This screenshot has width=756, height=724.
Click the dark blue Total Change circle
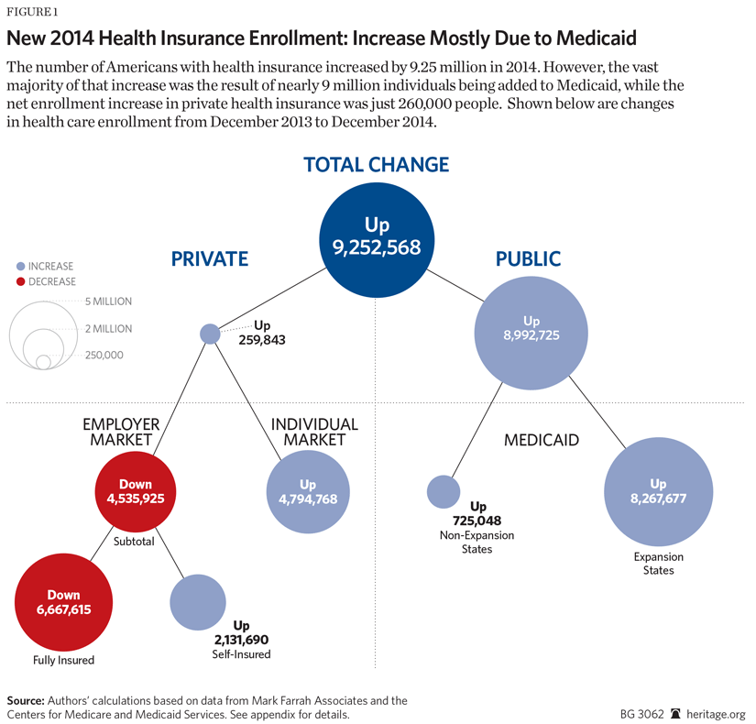click(x=377, y=236)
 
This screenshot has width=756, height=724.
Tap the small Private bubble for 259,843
click(x=210, y=334)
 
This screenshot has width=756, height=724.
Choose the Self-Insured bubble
click(x=198, y=602)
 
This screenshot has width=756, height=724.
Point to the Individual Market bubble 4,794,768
click(x=307, y=493)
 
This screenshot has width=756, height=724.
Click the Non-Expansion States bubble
click(x=444, y=491)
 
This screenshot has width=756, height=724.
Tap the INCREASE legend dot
click(x=21, y=266)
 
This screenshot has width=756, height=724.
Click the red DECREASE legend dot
click(x=21, y=281)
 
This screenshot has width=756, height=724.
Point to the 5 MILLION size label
click(x=108, y=301)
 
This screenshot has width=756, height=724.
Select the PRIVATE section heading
click(x=209, y=259)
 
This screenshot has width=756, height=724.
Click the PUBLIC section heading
click(x=528, y=259)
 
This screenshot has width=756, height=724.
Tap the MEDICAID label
click(x=542, y=440)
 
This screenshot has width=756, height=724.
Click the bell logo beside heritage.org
click(x=676, y=713)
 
